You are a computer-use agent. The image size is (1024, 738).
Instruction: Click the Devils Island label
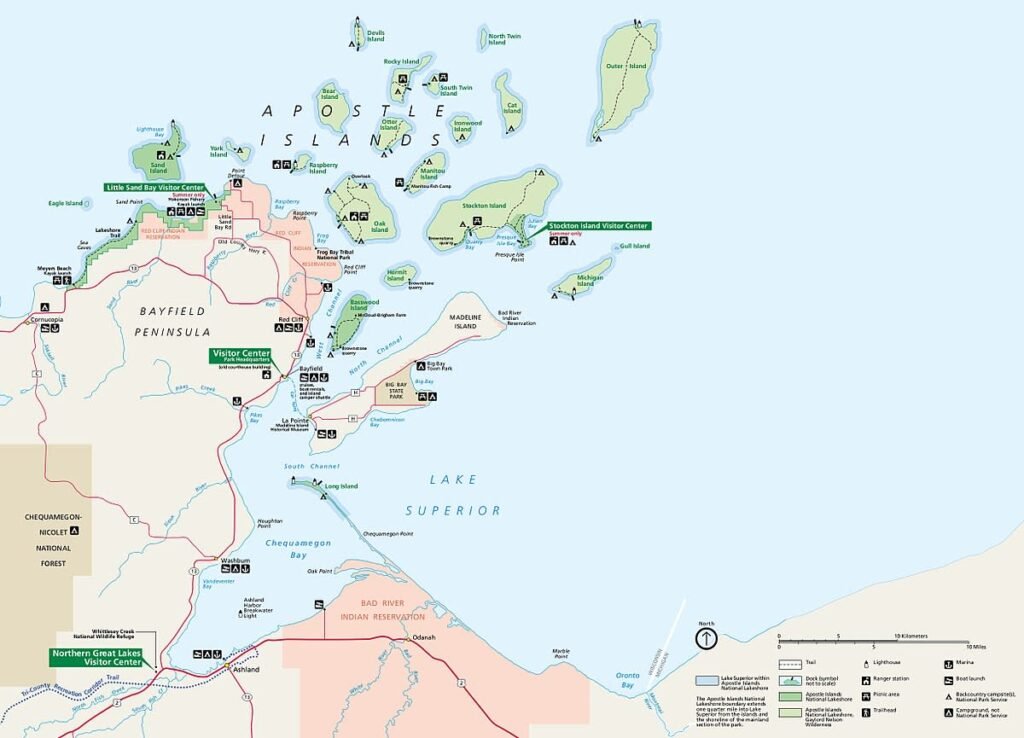pyautogui.click(x=375, y=36)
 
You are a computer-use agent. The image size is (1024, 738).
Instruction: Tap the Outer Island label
pyautogui.click(x=613, y=66)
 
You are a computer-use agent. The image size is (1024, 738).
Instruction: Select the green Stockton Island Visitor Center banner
pyautogui.click(x=598, y=226)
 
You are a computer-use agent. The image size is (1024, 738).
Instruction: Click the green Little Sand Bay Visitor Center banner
pyautogui.click(x=155, y=187)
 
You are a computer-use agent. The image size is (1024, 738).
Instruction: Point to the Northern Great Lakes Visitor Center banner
pyautogui.click(x=97, y=657)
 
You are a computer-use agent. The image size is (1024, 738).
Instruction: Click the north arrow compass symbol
pyautogui.click(x=706, y=638)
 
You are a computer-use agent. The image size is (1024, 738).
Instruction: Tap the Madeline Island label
pyautogui.click(x=467, y=322)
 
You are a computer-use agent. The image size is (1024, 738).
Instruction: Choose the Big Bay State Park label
pyautogui.click(x=401, y=391)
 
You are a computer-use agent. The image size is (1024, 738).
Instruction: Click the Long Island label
pyautogui.click(x=341, y=487)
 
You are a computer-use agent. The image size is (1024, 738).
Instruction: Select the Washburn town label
pyautogui.click(x=234, y=561)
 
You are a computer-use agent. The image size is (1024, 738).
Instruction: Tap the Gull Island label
pyautogui.click(x=634, y=246)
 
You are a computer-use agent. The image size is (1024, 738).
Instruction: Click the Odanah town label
pyautogui.click(x=424, y=637)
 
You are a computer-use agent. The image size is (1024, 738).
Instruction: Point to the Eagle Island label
pyautogui.click(x=66, y=203)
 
